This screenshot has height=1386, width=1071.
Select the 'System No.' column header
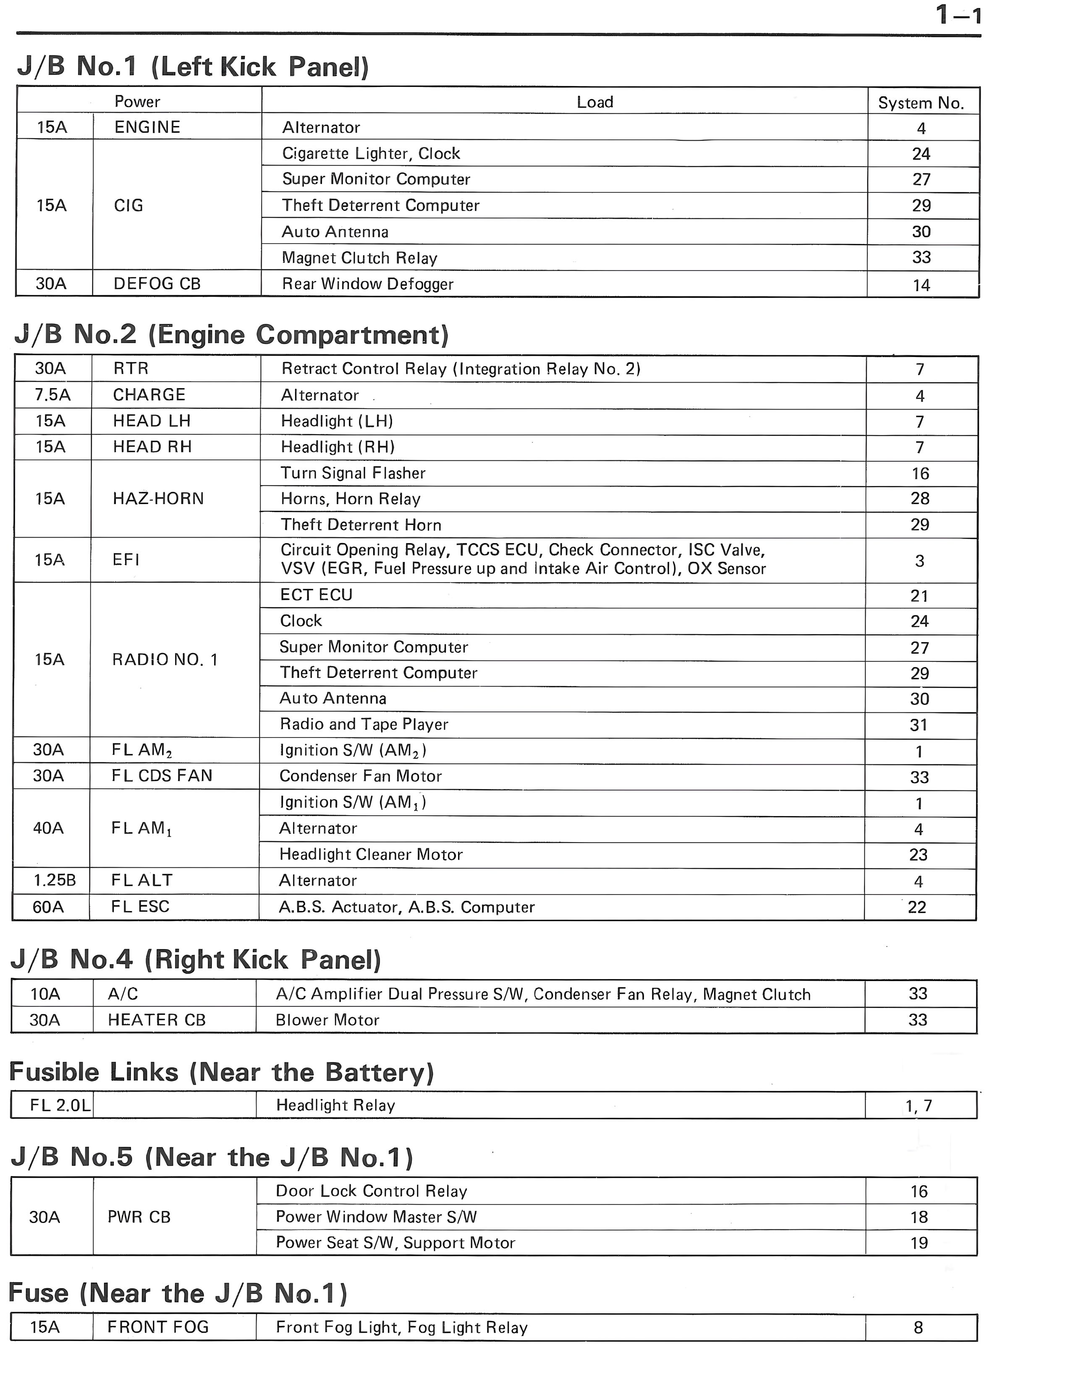coord(921,103)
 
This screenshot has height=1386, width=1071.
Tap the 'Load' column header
coord(594,102)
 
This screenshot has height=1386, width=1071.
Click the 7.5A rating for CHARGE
coord(52,395)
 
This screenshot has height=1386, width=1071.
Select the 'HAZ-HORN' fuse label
coord(158,498)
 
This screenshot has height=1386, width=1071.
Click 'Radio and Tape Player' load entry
coord(364,724)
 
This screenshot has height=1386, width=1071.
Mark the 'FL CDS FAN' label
coord(162,775)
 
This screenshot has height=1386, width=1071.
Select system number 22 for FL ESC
coord(917,907)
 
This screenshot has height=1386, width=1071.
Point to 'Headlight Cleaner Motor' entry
coord(371,854)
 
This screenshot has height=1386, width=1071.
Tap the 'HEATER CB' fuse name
coord(156,1020)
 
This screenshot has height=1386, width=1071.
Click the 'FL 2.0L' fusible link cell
coord(60,1105)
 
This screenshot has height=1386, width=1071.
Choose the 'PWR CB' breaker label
coord(139,1217)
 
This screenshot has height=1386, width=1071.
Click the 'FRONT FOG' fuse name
coord(157,1327)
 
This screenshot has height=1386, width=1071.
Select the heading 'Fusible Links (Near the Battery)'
coord(221,1072)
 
